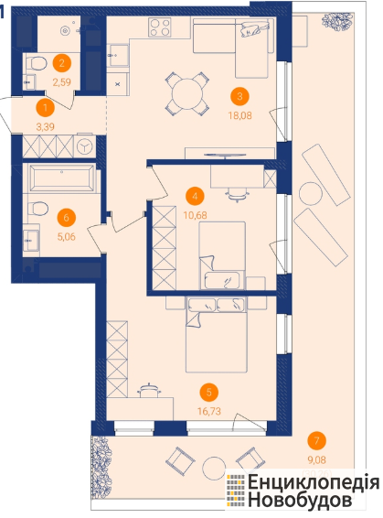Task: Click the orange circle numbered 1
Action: tap(45, 107)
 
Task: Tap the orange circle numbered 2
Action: tap(61, 63)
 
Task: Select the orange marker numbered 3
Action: tap(239, 96)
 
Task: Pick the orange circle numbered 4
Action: tap(195, 196)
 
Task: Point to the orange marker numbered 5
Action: tap(208, 393)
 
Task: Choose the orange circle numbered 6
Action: tap(67, 218)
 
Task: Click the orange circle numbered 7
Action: tap(316, 441)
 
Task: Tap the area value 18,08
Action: tap(239, 115)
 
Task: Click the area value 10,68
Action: tap(196, 215)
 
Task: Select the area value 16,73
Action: tap(209, 411)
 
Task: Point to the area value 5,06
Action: tap(67, 236)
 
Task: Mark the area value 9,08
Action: tap(316, 459)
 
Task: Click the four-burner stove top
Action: tap(160, 27)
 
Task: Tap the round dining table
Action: tap(187, 93)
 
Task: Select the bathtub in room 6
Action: tap(61, 178)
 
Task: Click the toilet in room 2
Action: tap(36, 63)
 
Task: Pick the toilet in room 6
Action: tap(38, 209)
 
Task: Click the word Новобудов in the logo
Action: tap(300, 500)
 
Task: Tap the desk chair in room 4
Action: tap(237, 195)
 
